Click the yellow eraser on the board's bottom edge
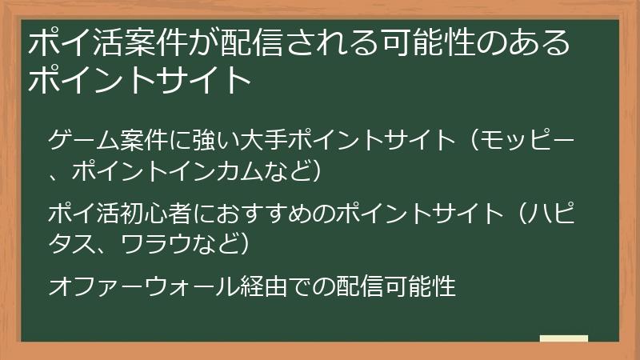[x=564, y=338]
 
